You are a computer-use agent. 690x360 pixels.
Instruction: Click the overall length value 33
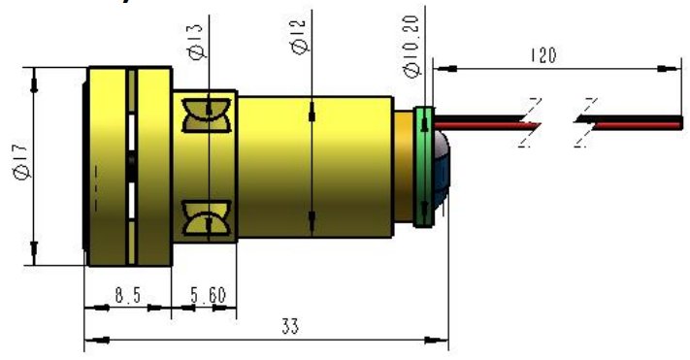tap(288, 327)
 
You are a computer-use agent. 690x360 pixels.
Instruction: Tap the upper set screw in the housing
tap(207, 111)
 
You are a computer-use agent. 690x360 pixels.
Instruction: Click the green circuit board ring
tap(423, 167)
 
